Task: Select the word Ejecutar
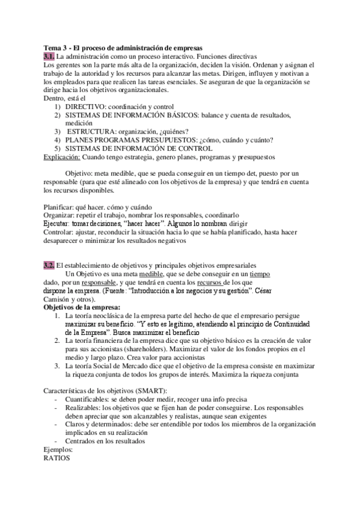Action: coord(59,223)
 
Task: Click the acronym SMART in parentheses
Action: coord(134,392)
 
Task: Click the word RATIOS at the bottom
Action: coord(57,457)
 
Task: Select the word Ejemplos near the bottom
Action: coord(58,449)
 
